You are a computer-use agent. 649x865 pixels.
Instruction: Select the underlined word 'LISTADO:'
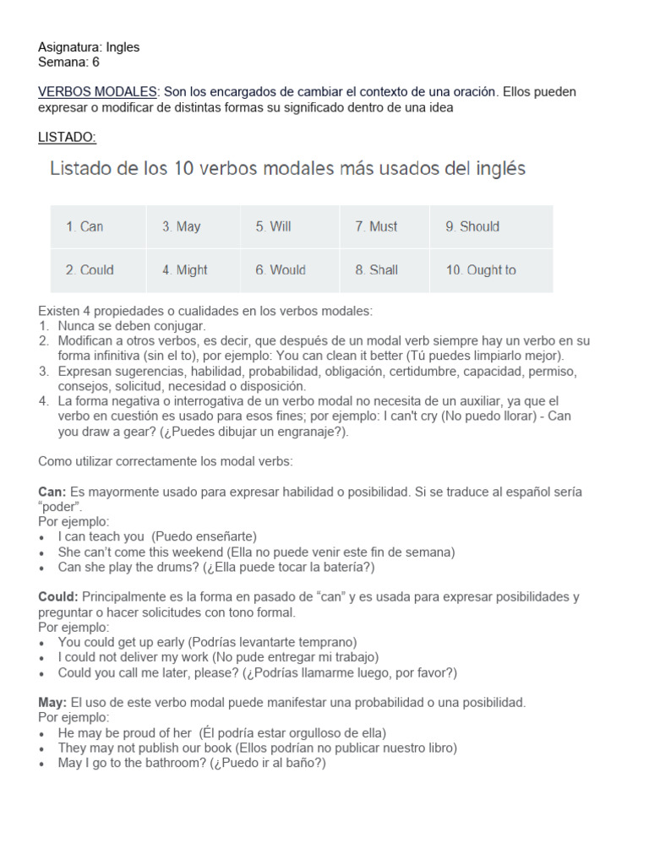tap(68, 137)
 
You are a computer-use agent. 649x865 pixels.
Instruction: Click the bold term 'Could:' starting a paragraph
tap(58, 597)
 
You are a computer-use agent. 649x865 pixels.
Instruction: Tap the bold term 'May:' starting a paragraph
tap(53, 703)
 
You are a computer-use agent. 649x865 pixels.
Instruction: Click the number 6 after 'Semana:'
tap(95, 62)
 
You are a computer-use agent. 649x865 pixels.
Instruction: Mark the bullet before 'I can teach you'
tap(43, 537)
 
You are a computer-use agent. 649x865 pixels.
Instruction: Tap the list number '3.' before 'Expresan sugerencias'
tap(44, 372)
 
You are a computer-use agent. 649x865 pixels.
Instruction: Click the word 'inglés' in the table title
tap(497, 169)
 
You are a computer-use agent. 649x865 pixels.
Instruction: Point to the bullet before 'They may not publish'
tap(43, 748)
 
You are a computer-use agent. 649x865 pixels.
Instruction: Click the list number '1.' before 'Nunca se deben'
tap(44, 326)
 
